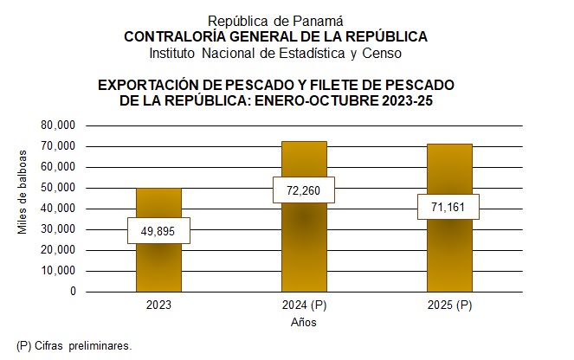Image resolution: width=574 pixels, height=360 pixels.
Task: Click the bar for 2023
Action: point(158,260)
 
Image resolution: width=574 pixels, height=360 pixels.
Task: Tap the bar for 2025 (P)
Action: point(448,251)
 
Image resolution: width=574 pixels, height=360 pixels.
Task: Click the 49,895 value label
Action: point(158,230)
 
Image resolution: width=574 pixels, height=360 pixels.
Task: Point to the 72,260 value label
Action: point(304,190)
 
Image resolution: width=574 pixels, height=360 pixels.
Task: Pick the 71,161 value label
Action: point(448,207)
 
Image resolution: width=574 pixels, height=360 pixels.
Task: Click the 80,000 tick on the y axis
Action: point(59,125)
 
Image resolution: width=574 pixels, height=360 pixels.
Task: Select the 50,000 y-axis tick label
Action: point(59,188)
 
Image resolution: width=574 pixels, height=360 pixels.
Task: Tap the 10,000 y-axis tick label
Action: point(59,271)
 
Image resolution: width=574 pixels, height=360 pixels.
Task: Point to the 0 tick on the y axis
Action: point(73,292)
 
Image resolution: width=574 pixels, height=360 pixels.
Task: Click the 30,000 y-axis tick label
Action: point(59,229)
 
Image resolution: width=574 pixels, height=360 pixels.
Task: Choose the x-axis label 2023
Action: point(158,305)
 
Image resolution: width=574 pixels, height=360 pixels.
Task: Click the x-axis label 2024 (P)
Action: point(304,305)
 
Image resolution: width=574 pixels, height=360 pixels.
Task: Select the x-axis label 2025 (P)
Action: point(448,305)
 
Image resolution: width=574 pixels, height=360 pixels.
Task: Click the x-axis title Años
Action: point(304,323)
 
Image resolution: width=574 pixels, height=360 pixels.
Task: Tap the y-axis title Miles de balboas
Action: point(23,193)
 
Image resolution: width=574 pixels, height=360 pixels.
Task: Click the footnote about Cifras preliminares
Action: point(74,345)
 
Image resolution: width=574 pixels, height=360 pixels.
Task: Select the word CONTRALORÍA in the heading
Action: point(175,36)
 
